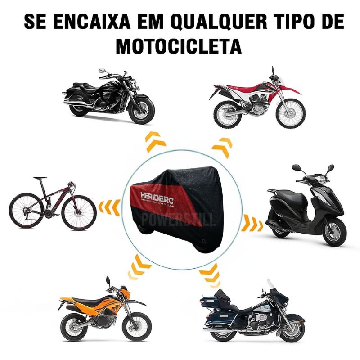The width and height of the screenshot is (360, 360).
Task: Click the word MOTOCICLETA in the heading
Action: pos(180,45)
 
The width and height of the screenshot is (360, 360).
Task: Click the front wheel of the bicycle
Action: pos(79,211)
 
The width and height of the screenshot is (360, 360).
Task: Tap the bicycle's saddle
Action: pos(39,179)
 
